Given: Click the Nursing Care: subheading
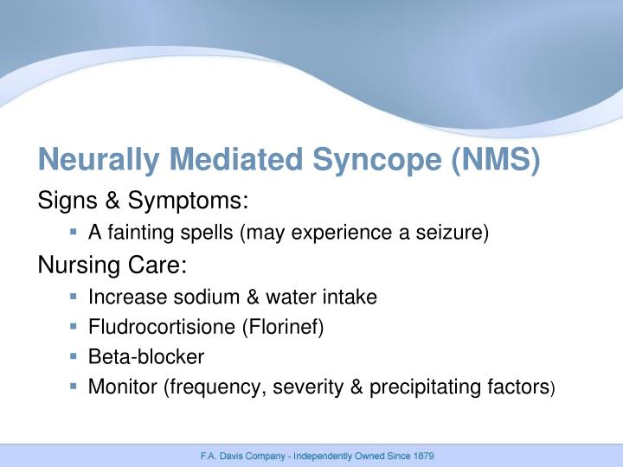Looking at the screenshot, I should pyautogui.click(x=112, y=264).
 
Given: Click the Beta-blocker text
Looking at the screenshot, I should pyautogui.click(x=146, y=356).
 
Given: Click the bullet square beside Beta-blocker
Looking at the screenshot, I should pyautogui.click(x=74, y=355).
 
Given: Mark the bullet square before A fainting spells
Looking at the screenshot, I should pyautogui.click(x=74, y=232).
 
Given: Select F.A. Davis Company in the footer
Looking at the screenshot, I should pyautogui.click(x=236, y=455).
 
